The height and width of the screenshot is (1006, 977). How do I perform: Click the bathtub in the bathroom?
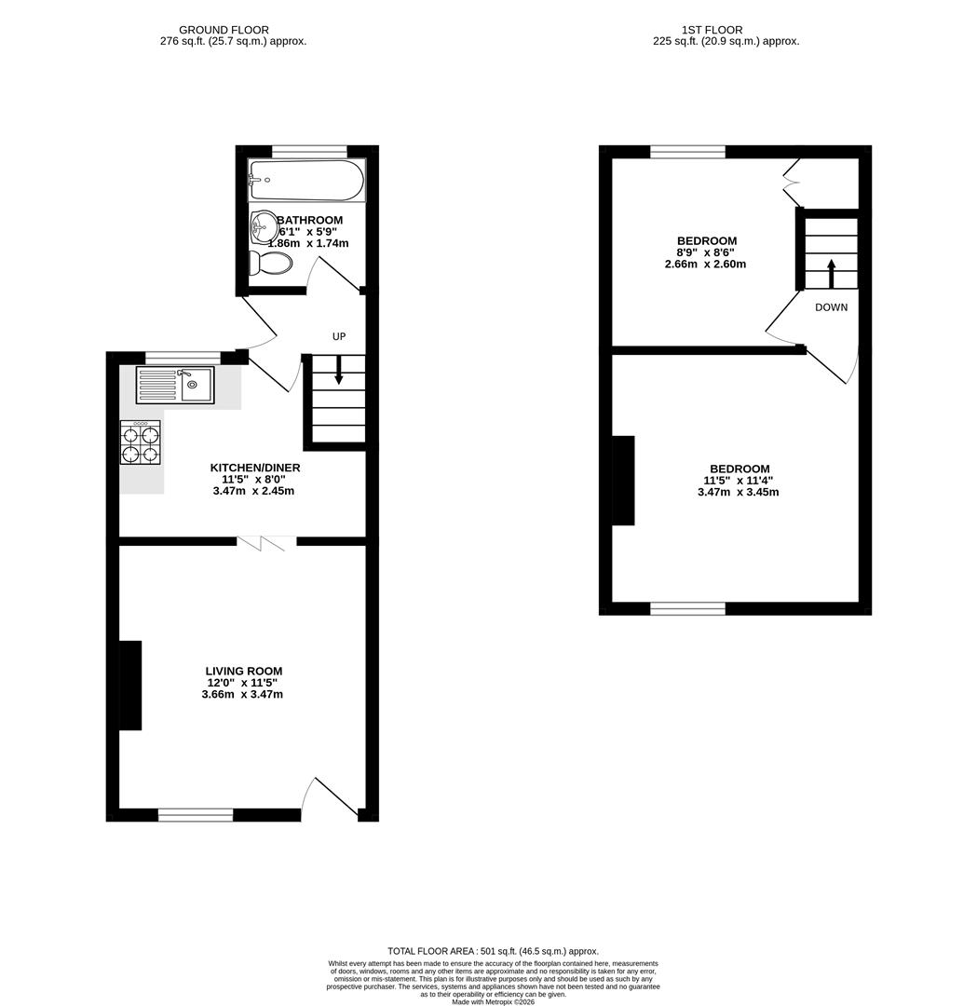pyautogui.click(x=306, y=181)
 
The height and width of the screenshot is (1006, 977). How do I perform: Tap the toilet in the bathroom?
pyautogui.click(x=271, y=264)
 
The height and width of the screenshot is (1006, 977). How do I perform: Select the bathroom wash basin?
pyautogui.click(x=264, y=224)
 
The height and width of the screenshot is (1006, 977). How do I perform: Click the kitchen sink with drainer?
pyautogui.click(x=175, y=385)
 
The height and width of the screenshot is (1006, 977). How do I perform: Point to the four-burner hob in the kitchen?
pyautogui.click(x=140, y=442)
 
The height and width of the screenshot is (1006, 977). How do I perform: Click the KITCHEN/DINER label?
pyautogui.click(x=254, y=468)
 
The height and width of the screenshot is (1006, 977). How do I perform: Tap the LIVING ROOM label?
pyautogui.click(x=243, y=671)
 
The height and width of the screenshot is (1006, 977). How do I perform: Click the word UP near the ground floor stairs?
pyautogui.click(x=339, y=336)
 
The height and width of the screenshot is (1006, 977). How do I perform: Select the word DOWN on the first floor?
pyautogui.click(x=831, y=307)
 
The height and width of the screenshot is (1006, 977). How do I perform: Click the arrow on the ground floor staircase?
pyautogui.click(x=338, y=370)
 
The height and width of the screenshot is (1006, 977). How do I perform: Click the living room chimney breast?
pyautogui.click(x=130, y=685)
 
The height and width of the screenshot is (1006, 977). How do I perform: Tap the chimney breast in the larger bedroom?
pyautogui.click(x=623, y=481)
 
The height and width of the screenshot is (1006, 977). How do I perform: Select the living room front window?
pyautogui.click(x=196, y=815)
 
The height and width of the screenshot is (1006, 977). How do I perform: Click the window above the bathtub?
pyautogui.click(x=309, y=151)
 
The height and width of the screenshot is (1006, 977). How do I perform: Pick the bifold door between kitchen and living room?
pyautogui.click(x=266, y=541)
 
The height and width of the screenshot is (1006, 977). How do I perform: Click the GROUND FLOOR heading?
pyautogui.click(x=233, y=30)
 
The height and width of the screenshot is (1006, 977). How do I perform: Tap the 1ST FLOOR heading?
pyautogui.click(x=726, y=30)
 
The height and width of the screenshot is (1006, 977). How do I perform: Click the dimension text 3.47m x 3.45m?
pyautogui.click(x=738, y=492)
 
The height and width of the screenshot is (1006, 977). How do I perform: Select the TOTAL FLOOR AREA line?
pyautogui.click(x=493, y=951)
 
